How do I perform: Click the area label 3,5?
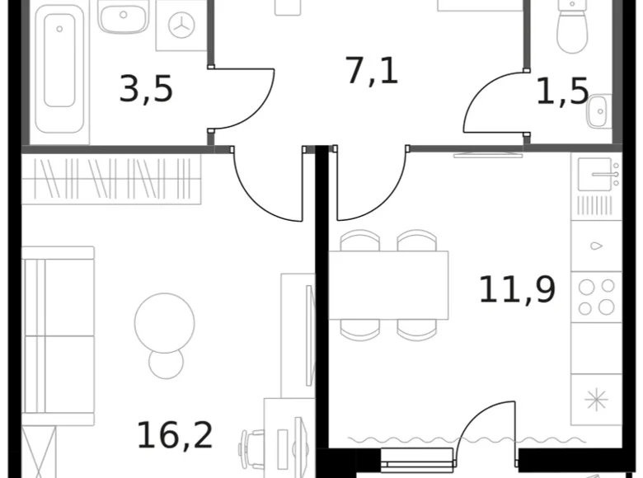point(146,89)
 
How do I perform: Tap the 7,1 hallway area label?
point(372,71)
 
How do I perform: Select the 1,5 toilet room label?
point(562,91)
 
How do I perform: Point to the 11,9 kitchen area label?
point(517,289)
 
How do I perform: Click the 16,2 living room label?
point(175,434)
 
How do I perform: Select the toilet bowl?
point(570,25)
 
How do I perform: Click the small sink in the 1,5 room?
point(599,111)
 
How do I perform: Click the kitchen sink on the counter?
point(595,174)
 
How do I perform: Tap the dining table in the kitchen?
point(388,285)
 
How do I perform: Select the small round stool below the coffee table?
point(165,363)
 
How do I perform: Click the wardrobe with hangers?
point(111,179)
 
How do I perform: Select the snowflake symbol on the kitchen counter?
point(596,400)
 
